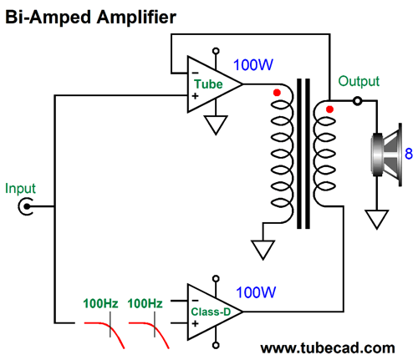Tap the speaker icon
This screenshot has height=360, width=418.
[387, 155]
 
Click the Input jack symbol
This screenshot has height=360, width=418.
[26, 206]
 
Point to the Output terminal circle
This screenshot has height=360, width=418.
[357, 100]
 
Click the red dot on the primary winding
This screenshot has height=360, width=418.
[277, 93]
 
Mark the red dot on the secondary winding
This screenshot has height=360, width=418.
[329, 109]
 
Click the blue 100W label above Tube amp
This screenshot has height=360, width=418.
[253, 65]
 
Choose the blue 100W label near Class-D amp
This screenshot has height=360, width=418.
[256, 292]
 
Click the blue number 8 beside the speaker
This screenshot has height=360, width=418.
[409, 154]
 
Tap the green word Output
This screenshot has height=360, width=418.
[359, 81]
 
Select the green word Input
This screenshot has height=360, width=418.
[20, 189]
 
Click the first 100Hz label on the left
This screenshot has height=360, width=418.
[100, 303]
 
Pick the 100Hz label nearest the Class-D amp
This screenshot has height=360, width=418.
[145, 303]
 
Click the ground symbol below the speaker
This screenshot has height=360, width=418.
[377, 220]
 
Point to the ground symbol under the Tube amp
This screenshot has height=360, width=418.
[216, 125]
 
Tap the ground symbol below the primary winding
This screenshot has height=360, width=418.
[263, 250]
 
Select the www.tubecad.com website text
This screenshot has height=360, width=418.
[328, 348]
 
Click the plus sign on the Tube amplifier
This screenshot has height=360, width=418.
[195, 96]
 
